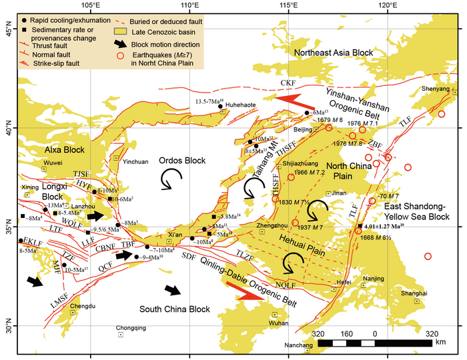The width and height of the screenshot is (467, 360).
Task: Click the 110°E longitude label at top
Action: pyautogui.click(x=189, y=6)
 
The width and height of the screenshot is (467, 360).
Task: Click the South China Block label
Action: pyautogui.click(x=173, y=309)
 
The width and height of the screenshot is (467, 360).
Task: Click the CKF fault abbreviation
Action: pyautogui.click(x=288, y=83)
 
